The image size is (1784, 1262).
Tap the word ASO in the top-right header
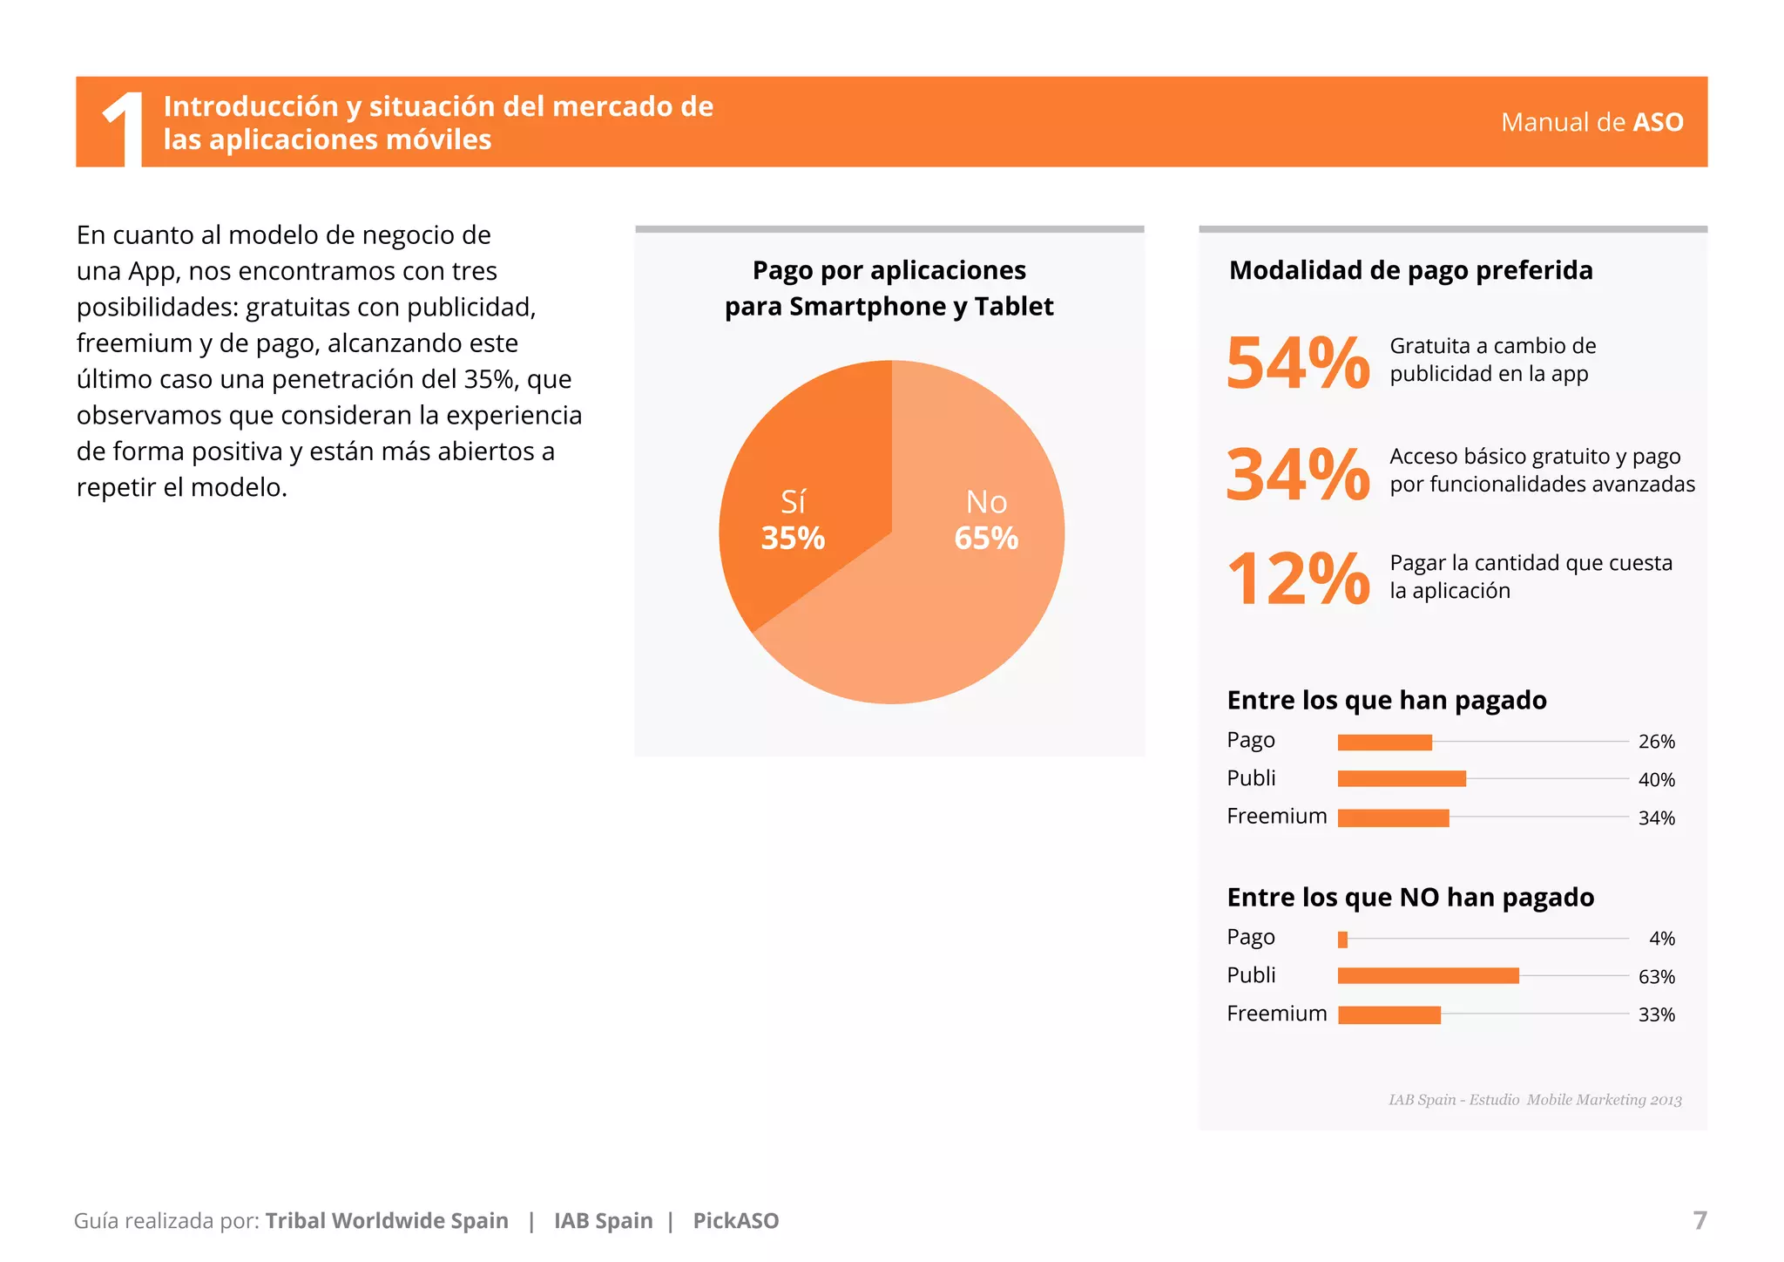1658,122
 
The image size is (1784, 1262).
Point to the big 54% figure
1298,363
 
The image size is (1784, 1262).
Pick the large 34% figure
1298,474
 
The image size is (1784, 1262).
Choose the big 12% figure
1298,579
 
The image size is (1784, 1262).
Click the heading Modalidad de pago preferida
1410,270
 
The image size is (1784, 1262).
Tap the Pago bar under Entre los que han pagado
1384,743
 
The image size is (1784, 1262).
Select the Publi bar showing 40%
1402,779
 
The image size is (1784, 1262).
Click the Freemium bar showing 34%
1393,818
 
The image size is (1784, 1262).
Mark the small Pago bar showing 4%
1342,940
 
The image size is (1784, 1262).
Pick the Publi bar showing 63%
1428,976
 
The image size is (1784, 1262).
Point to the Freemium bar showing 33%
1389,1014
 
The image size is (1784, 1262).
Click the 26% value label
1656,742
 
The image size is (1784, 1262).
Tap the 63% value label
1656,977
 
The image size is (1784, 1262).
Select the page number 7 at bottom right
1700,1220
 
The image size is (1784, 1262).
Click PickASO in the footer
735,1221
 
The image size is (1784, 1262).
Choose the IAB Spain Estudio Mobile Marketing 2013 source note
1534,1100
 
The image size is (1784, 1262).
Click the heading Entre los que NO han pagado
1410,898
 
